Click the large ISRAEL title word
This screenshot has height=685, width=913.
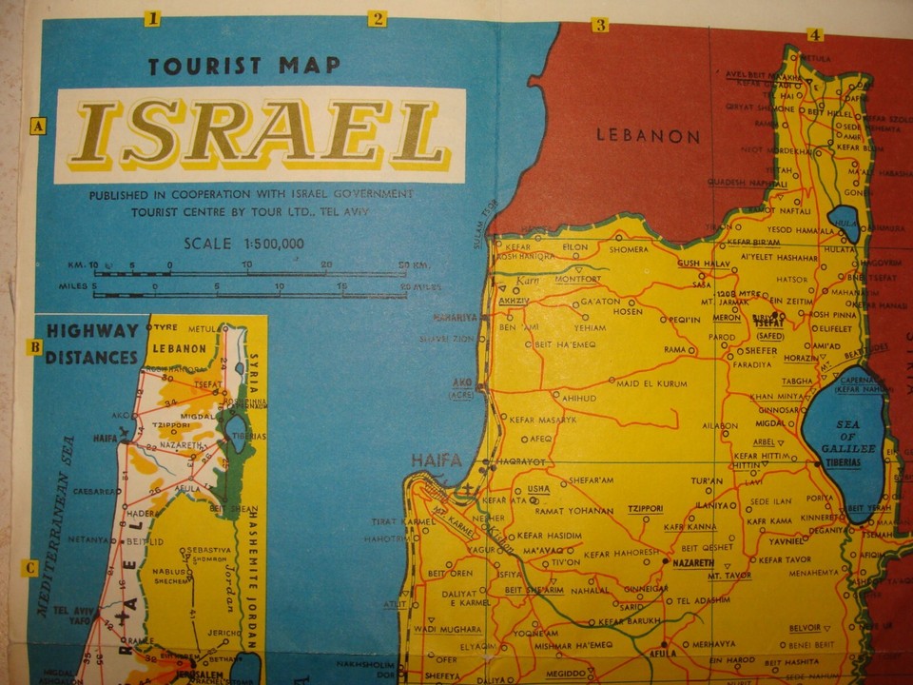(x=260, y=132)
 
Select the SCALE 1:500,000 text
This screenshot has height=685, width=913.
(x=244, y=244)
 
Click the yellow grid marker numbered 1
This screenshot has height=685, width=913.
(x=152, y=17)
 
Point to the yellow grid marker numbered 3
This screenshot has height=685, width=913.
(x=600, y=25)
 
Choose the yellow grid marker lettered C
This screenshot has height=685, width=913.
(x=30, y=569)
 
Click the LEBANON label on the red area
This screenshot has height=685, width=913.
(x=648, y=135)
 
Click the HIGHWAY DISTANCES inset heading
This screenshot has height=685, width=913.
(x=92, y=344)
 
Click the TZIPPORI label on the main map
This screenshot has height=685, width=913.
(x=644, y=509)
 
